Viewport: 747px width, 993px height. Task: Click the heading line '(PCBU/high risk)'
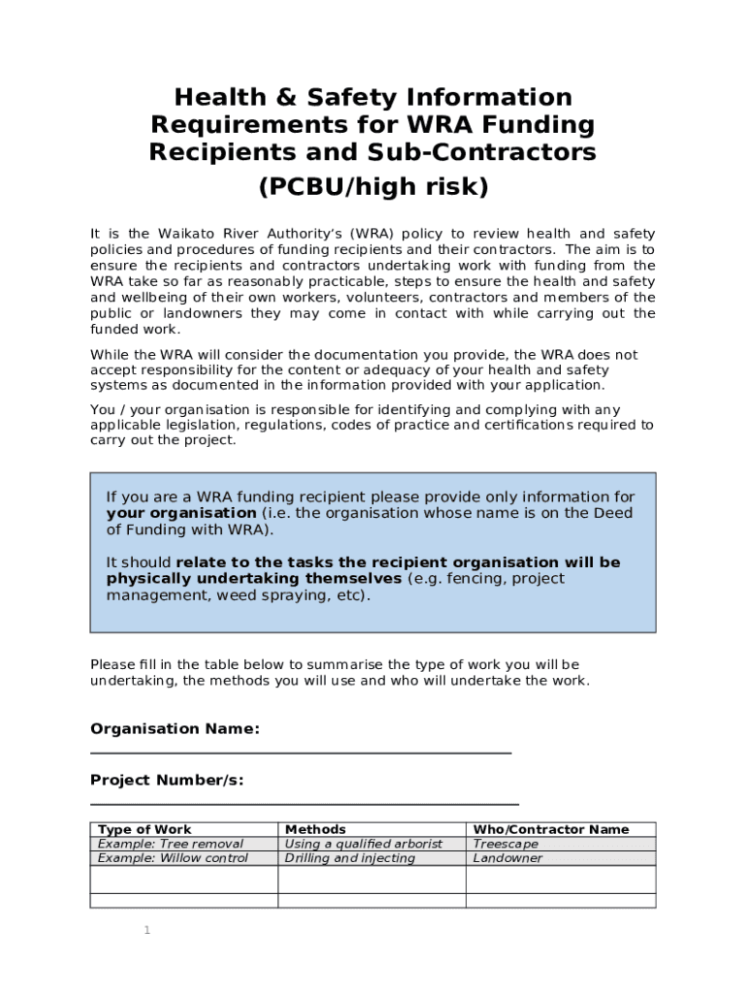pos(373,187)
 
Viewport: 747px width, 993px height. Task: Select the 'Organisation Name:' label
pos(175,728)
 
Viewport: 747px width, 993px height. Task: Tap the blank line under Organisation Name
pos(301,752)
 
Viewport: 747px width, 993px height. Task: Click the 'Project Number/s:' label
pos(167,780)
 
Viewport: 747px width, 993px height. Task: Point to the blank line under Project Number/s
pos(305,803)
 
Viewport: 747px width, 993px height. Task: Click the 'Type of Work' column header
pos(146,829)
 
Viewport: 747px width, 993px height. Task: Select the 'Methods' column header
pos(314,829)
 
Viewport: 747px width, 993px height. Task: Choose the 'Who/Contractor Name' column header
pos(550,829)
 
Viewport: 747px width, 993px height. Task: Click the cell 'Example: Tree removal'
pos(171,844)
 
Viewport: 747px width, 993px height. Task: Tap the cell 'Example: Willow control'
pos(173,858)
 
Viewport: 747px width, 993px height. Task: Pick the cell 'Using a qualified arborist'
pos(363,844)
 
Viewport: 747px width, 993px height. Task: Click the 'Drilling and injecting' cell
pos(349,858)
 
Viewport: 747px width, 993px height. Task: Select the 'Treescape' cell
pos(505,844)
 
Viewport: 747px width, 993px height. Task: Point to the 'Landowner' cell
pos(507,858)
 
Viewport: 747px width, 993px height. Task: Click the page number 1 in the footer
pos(147,931)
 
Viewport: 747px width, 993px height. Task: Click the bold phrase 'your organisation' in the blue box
pos(181,513)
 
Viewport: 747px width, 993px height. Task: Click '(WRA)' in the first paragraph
pos(372,234)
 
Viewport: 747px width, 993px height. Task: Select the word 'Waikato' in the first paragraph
pos(190,234)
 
